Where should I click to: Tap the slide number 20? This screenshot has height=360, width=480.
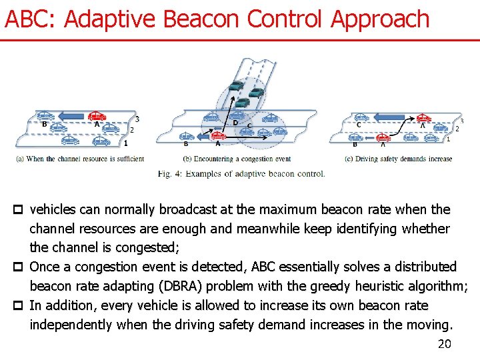coord(444,344)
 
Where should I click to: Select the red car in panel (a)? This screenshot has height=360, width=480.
coord(97,115)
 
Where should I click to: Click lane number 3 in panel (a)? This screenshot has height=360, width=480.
coord(137,119)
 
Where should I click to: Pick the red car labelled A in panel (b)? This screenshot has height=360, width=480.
coord(219,136)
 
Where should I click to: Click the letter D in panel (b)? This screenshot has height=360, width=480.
coord(235,123)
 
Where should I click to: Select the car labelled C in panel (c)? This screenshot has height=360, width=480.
coord(362,117)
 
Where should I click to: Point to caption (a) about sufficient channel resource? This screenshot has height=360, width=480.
coord(81,159)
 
